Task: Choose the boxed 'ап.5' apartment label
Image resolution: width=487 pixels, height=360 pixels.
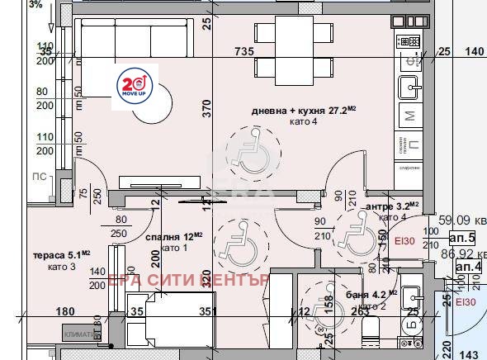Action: tap(466, 235)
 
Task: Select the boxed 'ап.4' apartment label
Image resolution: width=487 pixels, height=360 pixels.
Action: tap(467, 267)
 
